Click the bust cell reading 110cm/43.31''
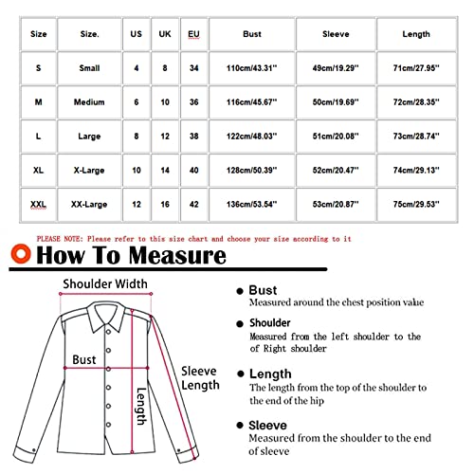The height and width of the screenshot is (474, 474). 252,69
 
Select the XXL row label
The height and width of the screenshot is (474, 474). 38,203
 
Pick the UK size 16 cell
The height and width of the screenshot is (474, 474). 165,203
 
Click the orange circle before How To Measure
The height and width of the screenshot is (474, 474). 19,256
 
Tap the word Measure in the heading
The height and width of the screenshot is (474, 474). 180,256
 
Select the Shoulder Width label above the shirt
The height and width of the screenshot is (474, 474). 104,283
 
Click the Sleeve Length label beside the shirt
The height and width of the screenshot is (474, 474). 200,378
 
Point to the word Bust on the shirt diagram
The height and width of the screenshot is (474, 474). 84,361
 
